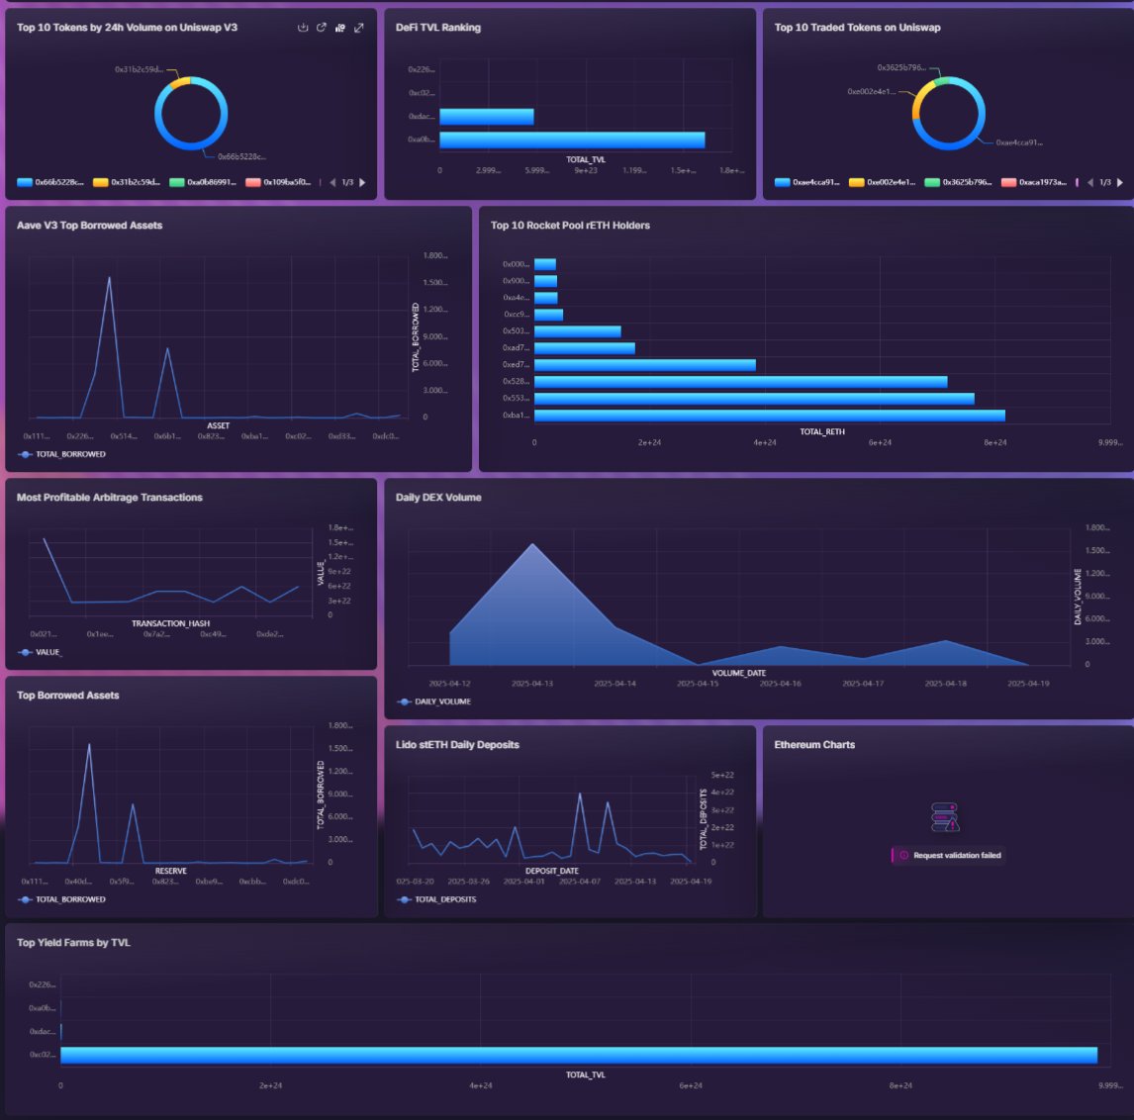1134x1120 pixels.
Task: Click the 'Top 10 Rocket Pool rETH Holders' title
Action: coord(570,226)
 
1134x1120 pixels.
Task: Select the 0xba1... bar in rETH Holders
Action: coord(769,416)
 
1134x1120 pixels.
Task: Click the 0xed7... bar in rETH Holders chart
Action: coord(644,365)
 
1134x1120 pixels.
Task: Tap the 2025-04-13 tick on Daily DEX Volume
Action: coord(532,684)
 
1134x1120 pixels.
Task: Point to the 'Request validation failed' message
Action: coord(956,855)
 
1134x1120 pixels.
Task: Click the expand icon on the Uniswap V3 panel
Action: coord(359,28)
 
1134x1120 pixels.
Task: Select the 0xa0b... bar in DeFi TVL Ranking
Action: coord(572,140)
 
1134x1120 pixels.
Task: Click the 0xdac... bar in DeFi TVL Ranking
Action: coord(486,117)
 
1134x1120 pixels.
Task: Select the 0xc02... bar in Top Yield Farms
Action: coord(578,1055)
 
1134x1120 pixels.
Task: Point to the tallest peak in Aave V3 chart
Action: coord(109,278)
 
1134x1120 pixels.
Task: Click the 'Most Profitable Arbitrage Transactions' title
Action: coord(110,498)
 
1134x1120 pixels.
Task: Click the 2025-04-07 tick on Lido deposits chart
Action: coord(580,882)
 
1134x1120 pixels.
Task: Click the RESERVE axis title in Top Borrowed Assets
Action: coord(170,871)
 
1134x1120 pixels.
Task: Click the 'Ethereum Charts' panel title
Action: coord(814,745)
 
